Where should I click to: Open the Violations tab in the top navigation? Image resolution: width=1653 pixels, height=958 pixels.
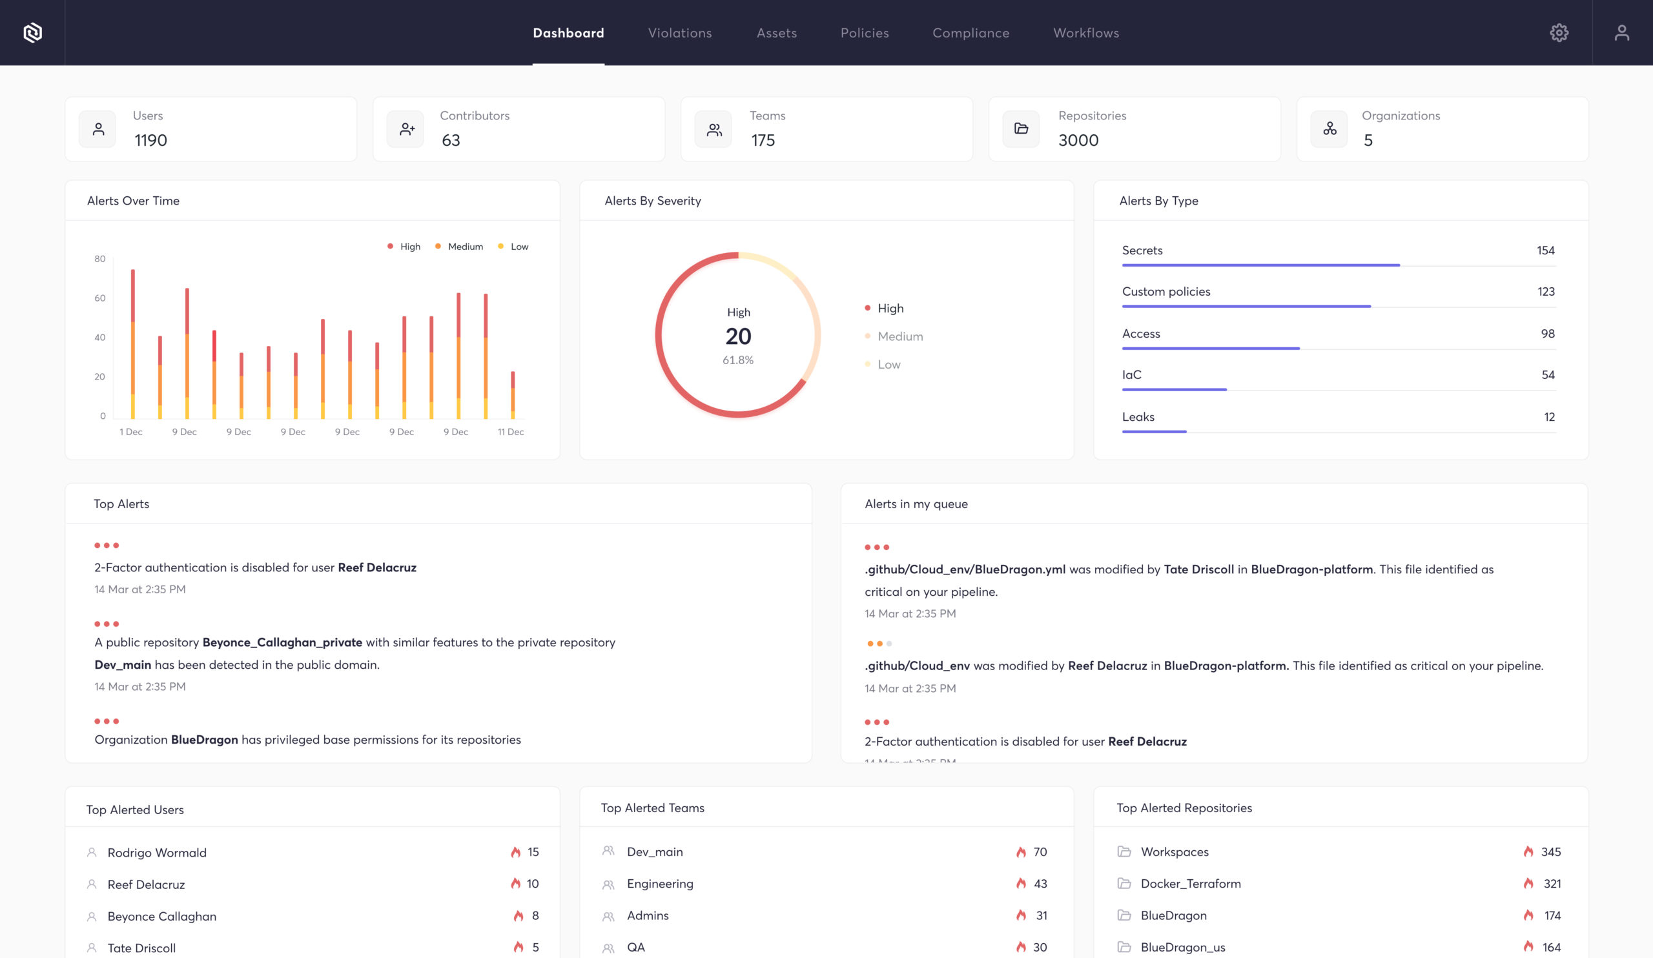pos(679,33)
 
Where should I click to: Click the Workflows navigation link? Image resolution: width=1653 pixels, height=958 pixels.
pos(1085,33)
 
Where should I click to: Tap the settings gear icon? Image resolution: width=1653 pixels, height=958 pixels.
pos(1559,33)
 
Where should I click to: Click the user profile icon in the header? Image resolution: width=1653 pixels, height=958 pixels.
pos(1621,33)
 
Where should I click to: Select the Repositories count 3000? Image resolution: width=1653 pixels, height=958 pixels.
pos(1078,140)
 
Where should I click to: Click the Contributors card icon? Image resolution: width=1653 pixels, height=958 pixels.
pos(407,129)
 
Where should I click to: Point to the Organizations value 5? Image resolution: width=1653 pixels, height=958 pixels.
pos(1368,140)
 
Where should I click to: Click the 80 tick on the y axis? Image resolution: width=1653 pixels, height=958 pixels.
pos(99,259)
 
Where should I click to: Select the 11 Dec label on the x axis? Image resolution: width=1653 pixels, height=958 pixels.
pos(510,431)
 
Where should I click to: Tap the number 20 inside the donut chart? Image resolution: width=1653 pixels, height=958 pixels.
pos(738,336)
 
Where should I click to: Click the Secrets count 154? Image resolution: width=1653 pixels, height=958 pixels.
pos(1545,250)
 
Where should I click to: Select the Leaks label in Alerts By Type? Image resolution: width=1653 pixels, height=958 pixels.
pos(1138,417)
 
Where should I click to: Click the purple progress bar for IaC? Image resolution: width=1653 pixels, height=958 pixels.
pos(1174,389)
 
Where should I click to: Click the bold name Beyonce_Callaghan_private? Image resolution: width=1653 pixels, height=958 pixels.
pos(282,642)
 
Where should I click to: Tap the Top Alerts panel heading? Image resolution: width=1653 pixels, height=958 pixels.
pos(121,504)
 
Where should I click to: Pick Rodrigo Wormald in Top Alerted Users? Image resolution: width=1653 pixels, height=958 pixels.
pos(157,852)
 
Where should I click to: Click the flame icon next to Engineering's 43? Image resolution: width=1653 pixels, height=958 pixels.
pos(1021,884)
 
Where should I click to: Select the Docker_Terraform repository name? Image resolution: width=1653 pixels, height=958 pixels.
pos(1191,884)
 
